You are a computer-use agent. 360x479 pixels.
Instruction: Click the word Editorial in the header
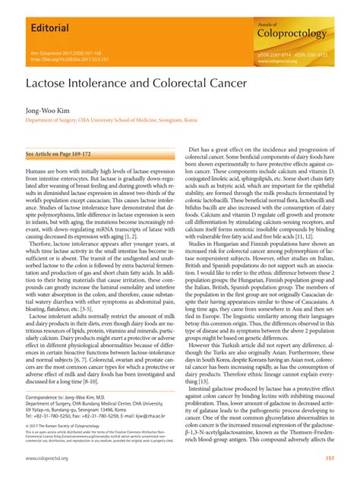(47, 29)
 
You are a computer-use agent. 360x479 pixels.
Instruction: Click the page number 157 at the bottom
(330, 458)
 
